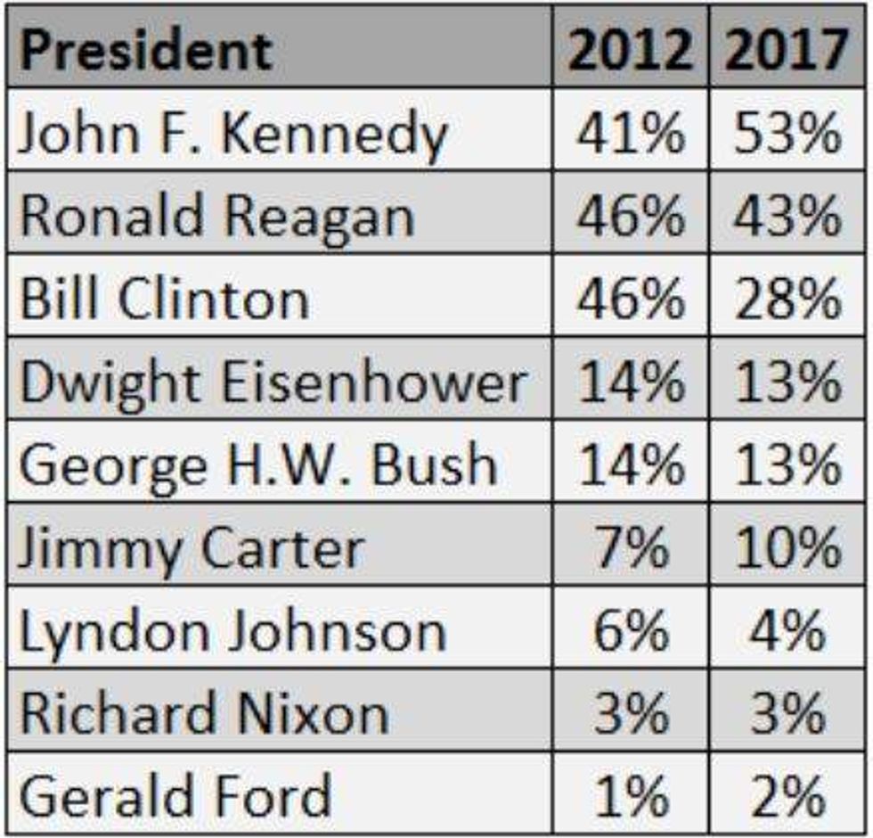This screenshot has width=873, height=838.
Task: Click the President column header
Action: click(145, 51)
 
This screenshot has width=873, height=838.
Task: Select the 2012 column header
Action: click(630, 51)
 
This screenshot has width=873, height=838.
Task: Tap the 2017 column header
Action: click(787, 51)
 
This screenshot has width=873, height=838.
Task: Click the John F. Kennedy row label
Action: click(232, 134)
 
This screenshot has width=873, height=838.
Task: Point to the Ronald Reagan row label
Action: click(216, 217)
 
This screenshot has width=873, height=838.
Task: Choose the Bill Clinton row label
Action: click(164, 300)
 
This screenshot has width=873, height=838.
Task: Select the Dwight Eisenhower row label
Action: click(273, 382)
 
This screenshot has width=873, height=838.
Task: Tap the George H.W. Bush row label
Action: click(257, 465)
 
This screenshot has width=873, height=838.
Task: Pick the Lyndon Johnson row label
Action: click(232, 631)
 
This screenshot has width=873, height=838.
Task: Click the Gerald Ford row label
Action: click(175, 796)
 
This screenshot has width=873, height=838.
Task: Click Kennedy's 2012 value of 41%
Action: click(631, 134)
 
